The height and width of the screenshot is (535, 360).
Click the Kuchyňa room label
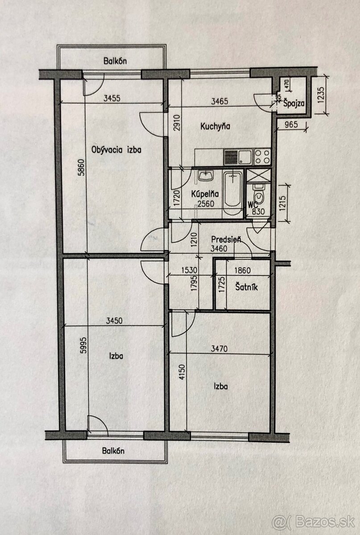tap(215, 126)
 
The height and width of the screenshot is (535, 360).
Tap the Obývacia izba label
tap(116, 150)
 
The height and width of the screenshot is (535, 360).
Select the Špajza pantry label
tap(294, 103)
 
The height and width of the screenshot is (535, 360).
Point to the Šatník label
tap(246, 287)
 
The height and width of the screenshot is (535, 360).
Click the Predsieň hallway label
tap(226, 239)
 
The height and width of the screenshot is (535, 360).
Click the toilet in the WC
tap(258, 194)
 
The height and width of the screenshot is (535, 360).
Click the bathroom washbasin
tap(206, 176)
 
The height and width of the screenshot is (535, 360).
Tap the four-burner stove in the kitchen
tap(262, 156)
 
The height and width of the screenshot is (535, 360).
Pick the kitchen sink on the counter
tap(245, 156)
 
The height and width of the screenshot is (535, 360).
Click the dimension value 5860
tap(82, 168)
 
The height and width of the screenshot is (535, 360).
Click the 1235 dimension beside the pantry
tap(321, 95)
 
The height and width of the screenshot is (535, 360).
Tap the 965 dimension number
tap(291, 125)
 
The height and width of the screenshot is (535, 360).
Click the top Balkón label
tap(115, 61)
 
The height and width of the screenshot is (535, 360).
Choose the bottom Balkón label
tap(113, 451)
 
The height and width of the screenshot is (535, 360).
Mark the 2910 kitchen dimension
tap(177, 123)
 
